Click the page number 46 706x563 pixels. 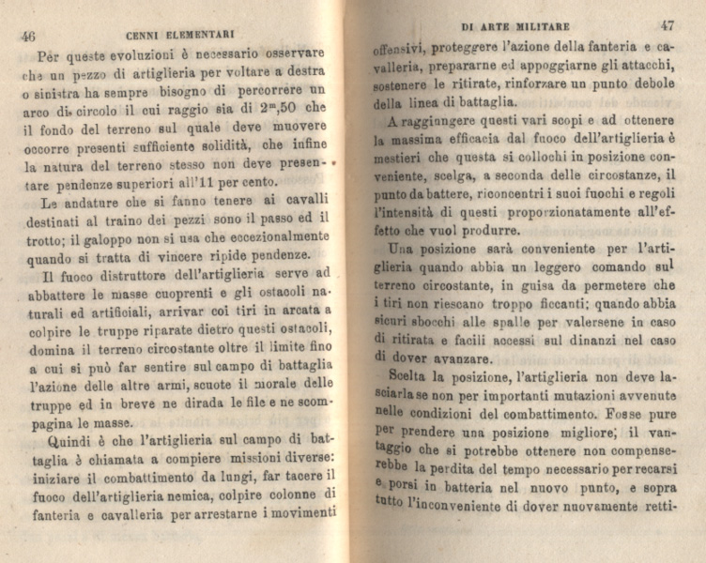(x=27, y=37)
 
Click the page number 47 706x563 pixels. (x=667, y=26)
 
